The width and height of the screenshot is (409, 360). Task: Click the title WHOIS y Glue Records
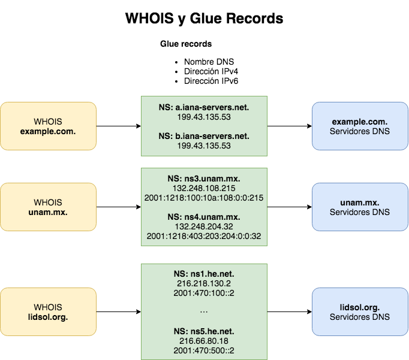pos(204,19)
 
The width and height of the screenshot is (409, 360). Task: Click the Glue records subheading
pos(185,44)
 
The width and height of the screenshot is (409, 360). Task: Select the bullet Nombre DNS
pos(209,62)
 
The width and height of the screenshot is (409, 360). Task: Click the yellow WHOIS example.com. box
pos(48,126)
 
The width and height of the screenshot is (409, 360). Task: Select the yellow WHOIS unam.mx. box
pos(48,207)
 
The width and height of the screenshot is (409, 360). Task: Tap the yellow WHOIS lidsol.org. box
pos(48,312)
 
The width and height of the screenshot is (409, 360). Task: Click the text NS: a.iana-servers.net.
pos(204,108)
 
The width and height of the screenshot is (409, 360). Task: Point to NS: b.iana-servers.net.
pos(204,137)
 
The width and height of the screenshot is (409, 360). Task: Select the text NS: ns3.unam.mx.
pos(204,179)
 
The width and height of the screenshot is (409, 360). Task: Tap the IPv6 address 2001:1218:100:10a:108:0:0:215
pos(204,198)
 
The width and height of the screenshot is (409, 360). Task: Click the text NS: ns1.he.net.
pos(204,274)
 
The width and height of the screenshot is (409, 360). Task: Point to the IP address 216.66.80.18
pos(204,340)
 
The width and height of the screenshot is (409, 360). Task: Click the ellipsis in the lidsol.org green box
pos(204,311)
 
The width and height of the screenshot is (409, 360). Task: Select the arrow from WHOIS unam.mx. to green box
pos(118,207)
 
